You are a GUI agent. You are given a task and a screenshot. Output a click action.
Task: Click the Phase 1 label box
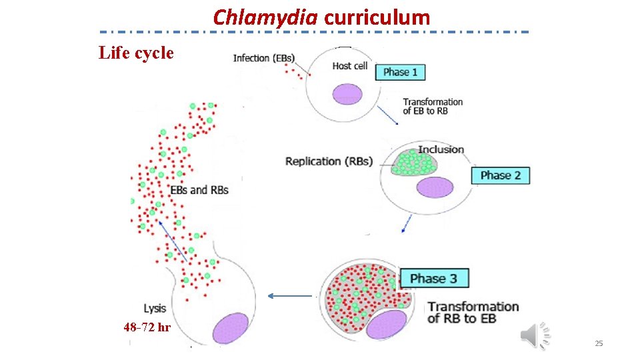click(401, 72)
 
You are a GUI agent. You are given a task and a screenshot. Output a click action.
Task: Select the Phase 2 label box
click(501, 175)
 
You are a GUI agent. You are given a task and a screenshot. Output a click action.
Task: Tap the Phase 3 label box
click(433, 278)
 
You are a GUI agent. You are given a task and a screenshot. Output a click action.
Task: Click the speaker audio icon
click(535, 335)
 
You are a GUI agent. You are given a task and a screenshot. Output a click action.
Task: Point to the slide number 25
click(598, 343)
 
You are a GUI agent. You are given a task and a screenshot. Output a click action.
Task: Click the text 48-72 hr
click(147, 327)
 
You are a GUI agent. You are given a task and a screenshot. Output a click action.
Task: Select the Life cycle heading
click(136, 53)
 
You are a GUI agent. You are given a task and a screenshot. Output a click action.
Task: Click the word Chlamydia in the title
click(265, 17)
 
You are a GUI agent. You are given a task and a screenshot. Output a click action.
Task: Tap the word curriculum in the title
click(377, 17)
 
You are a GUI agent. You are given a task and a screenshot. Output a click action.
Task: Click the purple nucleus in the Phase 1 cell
click(347, 93)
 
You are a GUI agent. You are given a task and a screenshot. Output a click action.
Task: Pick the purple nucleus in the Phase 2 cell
click(435, 187)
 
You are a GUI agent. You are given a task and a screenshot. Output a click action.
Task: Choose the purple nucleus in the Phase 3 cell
click(387, 325)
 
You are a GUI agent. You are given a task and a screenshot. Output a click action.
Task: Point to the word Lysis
click(155, 308)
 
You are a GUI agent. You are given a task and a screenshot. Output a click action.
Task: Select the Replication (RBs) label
click(329, 161)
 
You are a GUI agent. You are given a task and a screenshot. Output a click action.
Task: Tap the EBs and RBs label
click(199, 190)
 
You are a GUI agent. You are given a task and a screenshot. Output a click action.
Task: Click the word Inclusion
click(441, 149)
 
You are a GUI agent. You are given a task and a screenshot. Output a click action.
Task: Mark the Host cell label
click(350, 65)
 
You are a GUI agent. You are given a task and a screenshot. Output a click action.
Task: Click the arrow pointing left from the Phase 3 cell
click(290, 296)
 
